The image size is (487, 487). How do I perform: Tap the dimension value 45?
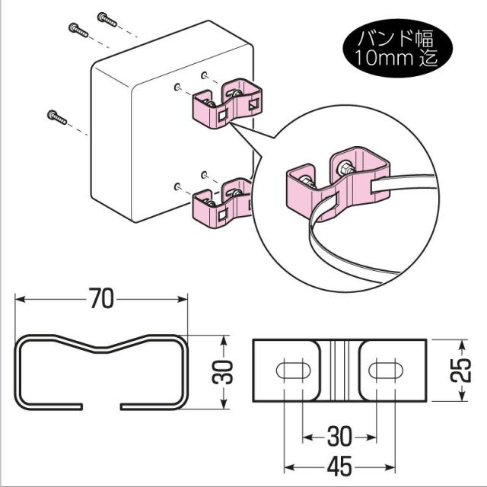point(339,464)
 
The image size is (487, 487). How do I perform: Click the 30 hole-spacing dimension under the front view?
point(339,437)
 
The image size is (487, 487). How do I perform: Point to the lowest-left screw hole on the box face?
point(176,185)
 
